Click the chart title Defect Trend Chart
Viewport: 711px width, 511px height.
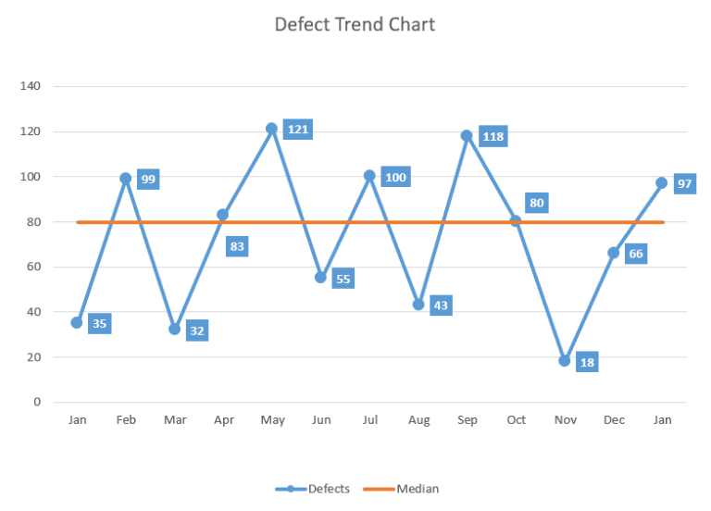pos(355,24)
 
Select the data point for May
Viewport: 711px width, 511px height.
pos(271,129)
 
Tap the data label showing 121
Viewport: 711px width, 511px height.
pos(297,130)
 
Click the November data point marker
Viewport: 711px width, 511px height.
pos(564,361)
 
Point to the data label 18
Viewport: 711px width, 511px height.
pos(587,362)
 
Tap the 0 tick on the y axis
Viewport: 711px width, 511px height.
pos(37,402)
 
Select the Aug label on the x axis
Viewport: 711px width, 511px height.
pos(418,420)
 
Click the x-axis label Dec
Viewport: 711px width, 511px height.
pos(613,420)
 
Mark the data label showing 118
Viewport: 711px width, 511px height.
pos(493,137)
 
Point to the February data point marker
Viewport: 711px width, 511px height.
pos(125,178)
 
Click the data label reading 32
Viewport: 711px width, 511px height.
pos(196,330)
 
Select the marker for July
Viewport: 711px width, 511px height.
pos(369,176)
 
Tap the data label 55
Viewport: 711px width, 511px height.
pos(343,279)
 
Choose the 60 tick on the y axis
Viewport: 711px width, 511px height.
pos(33,267)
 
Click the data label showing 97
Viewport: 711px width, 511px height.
pos(685,184)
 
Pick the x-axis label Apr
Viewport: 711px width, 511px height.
pos(223,420)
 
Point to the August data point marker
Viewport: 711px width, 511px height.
pos(418,305)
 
